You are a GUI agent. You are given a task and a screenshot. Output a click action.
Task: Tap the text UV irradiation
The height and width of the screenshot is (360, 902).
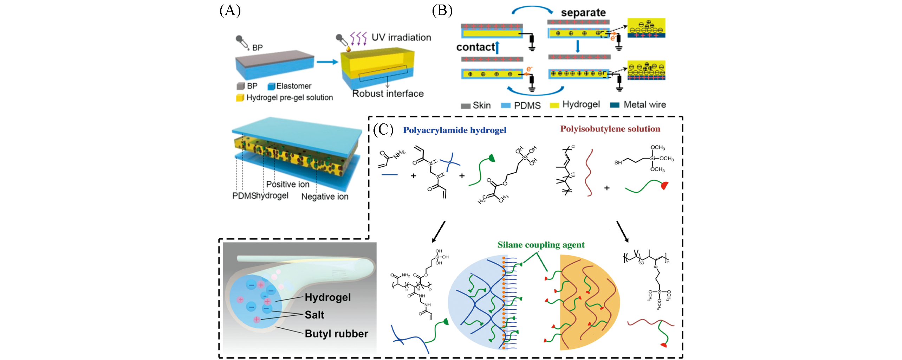click(x=401, y=38)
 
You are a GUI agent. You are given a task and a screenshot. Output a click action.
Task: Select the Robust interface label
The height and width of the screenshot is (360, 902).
click(x=388, y=94)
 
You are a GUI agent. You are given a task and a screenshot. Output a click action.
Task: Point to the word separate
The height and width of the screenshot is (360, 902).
click(x=583, y=13)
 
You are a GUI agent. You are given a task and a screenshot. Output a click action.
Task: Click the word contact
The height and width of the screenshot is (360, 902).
click(x=475, y=47)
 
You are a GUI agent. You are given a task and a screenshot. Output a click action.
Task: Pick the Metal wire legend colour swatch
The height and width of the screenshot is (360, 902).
click(x=615, y=105)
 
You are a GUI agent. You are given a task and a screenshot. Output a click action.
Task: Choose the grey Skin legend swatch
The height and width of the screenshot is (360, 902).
click(x=466, y=106)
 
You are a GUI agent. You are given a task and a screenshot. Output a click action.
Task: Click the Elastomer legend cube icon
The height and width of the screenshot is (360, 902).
click(x=271, y=86)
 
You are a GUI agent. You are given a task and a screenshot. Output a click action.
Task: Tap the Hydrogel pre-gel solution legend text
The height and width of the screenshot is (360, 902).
click(x=290, y=97)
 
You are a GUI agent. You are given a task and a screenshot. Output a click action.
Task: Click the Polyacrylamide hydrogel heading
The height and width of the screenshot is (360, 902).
click(x=455, y=130)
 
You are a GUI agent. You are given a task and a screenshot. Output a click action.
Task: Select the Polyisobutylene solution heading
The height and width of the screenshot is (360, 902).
click(x=610, y=129)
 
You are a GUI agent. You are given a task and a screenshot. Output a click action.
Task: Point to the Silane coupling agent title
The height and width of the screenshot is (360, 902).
click(x=541, y=245)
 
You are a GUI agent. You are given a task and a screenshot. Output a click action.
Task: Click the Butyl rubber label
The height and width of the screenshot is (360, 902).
click(x=336, y=333)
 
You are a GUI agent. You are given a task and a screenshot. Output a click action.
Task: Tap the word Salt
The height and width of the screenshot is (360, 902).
click(x=314, y=315)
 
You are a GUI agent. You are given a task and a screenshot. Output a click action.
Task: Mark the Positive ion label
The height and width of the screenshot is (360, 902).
click(x=288, y=184)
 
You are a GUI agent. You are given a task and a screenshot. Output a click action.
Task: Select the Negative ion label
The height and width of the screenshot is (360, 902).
click(x=325, y=197)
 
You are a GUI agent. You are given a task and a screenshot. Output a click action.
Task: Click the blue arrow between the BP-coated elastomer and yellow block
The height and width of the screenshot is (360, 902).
click(x=327, y=62)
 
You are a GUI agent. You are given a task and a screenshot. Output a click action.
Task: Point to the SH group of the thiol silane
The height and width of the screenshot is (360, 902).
click(x=618, y=162)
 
